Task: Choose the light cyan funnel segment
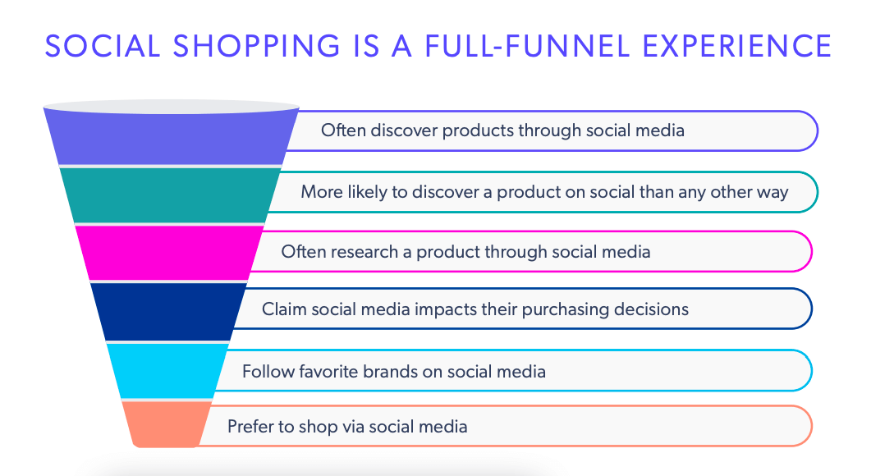coord(168,370)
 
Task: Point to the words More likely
coord(339,192)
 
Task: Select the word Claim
coord(281,309)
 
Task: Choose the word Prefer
coord(250,427)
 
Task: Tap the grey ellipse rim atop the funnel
coord(171,108)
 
